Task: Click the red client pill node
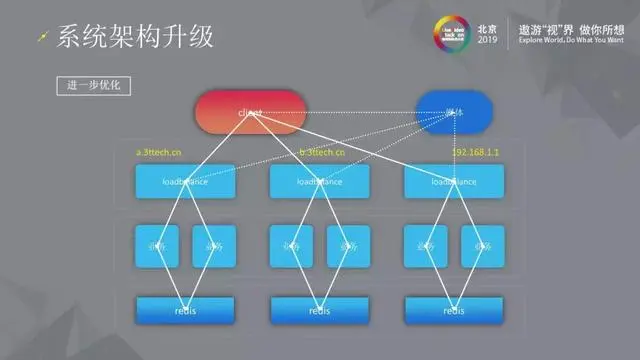250,112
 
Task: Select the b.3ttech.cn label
322,153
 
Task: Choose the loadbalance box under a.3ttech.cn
185,182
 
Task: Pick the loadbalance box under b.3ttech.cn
320,182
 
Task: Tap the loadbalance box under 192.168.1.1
454,182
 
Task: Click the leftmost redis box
185,310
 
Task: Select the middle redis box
320,310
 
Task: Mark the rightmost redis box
454,310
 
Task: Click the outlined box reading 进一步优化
93,86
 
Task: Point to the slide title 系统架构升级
135,37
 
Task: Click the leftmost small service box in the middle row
157,245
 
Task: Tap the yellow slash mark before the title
41,38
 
